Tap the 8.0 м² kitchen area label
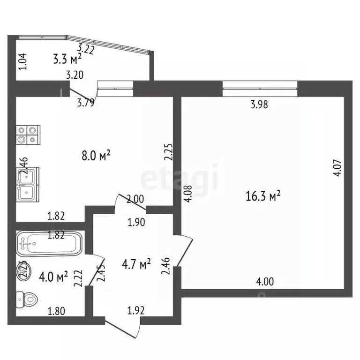click(x=97, y=155)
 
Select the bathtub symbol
click(x=49, y=243)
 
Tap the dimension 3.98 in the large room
click(x=259, y=105)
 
